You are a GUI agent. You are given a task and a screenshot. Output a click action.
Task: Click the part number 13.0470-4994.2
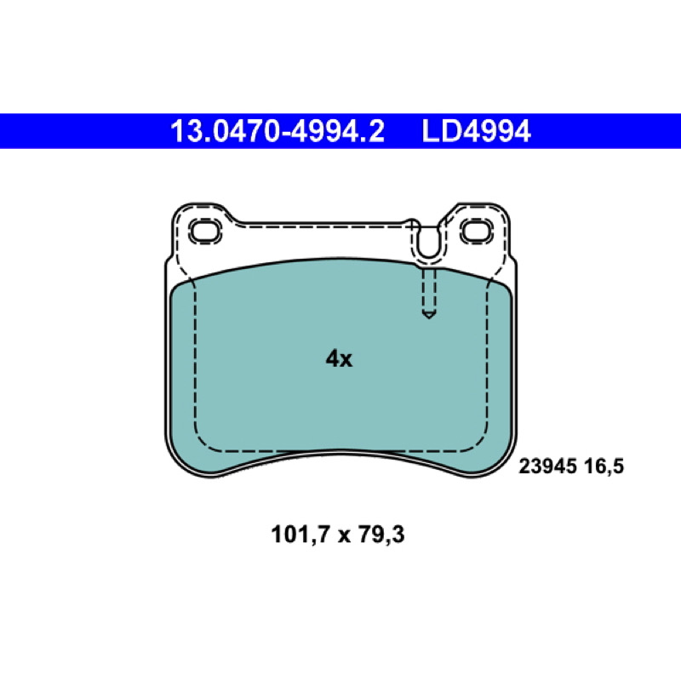[278, 131]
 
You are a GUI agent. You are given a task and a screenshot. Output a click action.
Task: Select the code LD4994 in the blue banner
[476, 131]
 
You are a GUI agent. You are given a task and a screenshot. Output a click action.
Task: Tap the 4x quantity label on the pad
[339, 358]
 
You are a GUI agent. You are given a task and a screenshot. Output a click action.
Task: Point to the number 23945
[547, 466]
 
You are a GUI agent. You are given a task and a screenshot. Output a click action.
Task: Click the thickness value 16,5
[604, 466]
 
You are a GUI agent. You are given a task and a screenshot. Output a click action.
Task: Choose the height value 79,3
[381, 535]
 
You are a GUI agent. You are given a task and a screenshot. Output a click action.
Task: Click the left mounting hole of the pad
[206, 232]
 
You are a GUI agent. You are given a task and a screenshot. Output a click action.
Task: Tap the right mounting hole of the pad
[477, 232]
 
